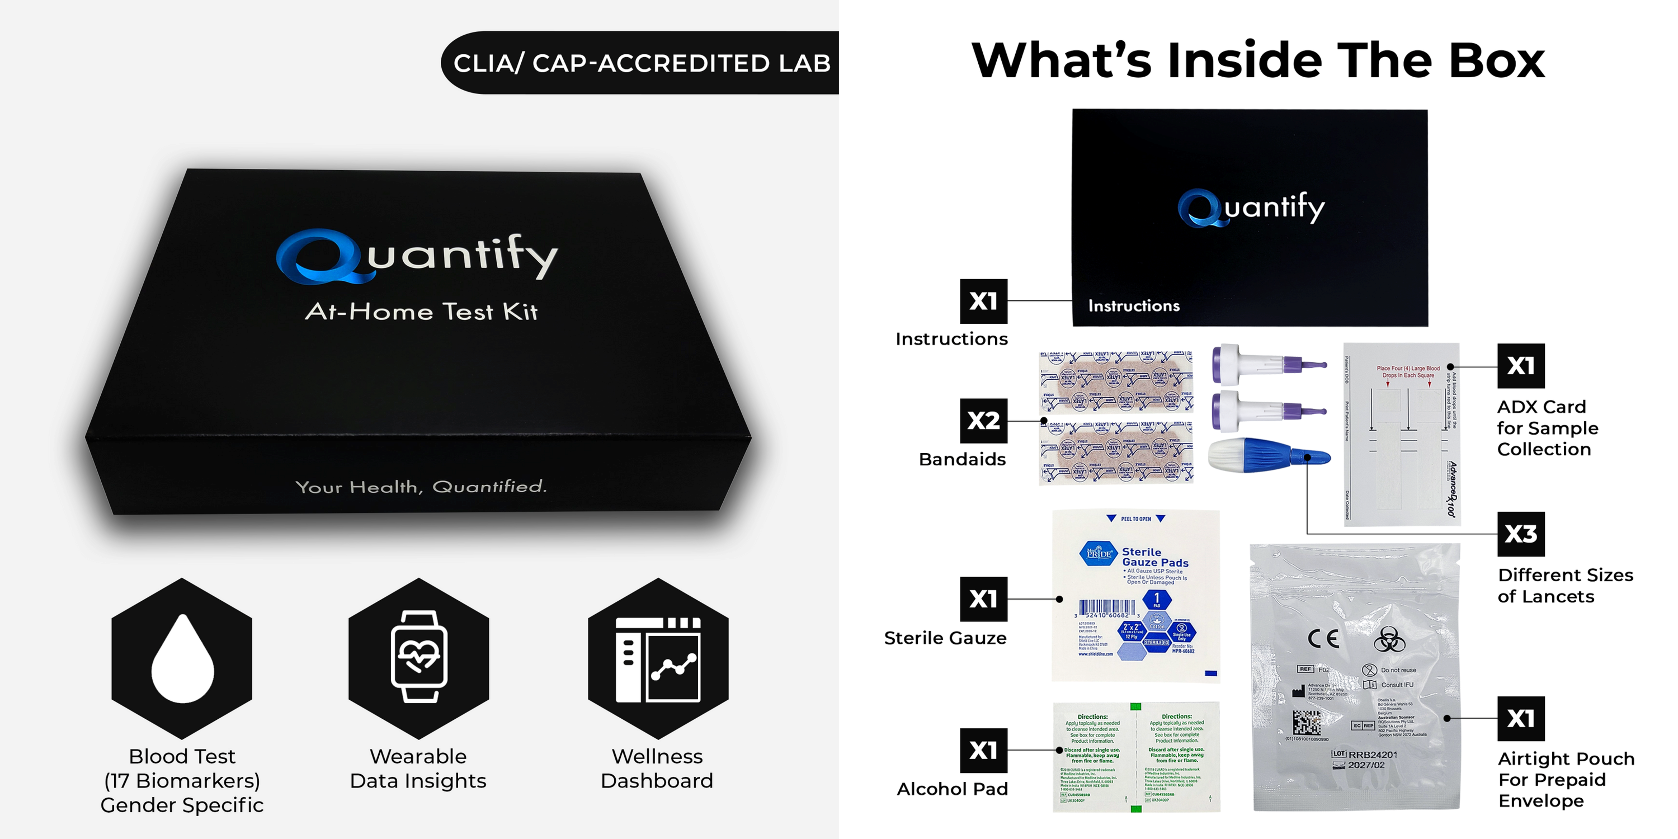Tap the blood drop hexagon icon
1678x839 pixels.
pyautogui.click(x=182, y=658)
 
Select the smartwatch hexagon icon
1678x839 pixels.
pyautogui.click(x=419, y=658)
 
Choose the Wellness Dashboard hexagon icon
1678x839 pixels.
pyautogui.click(x=658, y=658)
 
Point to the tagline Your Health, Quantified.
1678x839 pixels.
pyautogui.click(x=421, y=486)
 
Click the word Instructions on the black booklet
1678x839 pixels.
pyautogui.click(x=1134, y=305)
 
